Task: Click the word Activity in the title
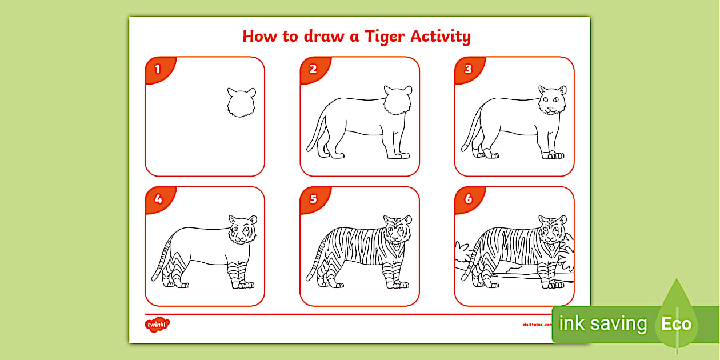441,37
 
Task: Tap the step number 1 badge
158,70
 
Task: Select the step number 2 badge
313,70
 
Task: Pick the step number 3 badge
468,70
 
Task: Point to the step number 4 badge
158,199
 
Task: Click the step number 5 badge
313,199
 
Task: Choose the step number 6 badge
468,199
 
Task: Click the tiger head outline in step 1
241,103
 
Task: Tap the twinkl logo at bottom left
158,325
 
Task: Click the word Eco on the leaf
677,325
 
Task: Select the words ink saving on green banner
602,324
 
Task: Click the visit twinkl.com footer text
537,324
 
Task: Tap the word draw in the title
329,37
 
